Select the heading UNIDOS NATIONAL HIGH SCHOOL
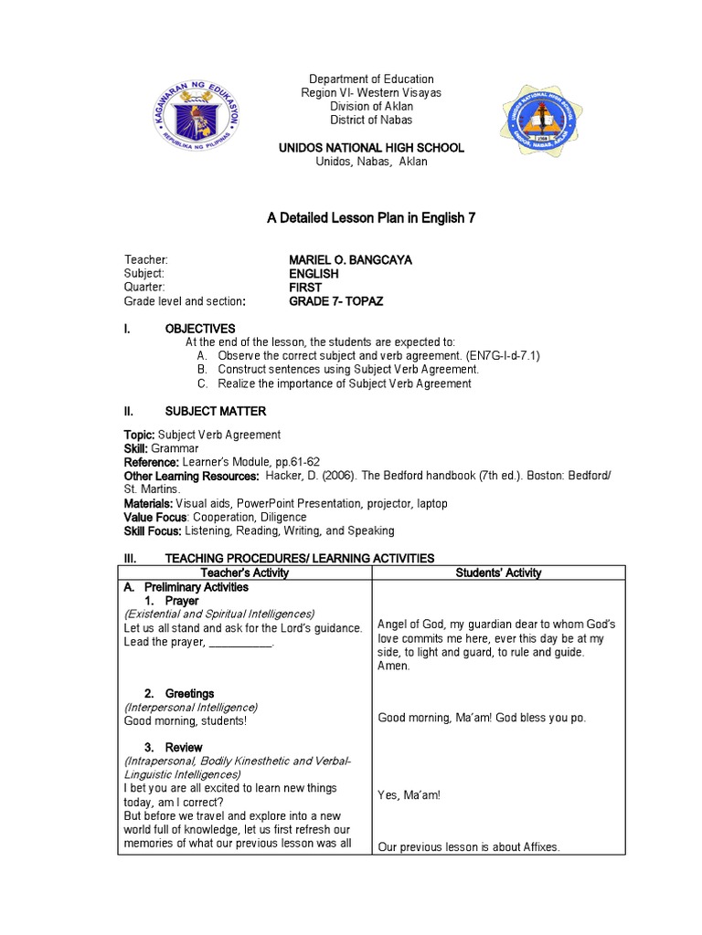(370, 147)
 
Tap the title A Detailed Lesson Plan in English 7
(370, 218)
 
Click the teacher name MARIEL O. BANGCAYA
(350, 260)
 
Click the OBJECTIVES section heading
(199, 329)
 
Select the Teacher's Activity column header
(245, 573)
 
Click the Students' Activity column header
(498, 573)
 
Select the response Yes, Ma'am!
(409, 795)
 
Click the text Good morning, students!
(186, 720)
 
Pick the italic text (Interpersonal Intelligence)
(191, 707)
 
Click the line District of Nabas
(370, 120)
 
